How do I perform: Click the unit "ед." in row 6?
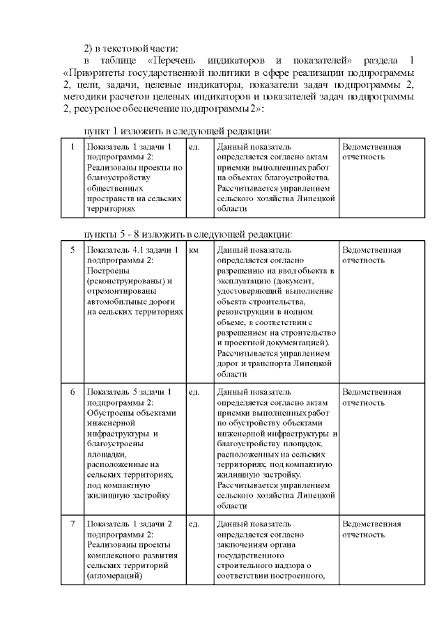(194, 392)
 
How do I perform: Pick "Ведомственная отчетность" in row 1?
(371, 152)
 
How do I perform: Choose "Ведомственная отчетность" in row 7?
(371, 528)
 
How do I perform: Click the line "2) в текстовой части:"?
(131, 47)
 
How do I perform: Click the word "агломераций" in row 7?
(114, 576)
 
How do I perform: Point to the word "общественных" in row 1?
(112, 188)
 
